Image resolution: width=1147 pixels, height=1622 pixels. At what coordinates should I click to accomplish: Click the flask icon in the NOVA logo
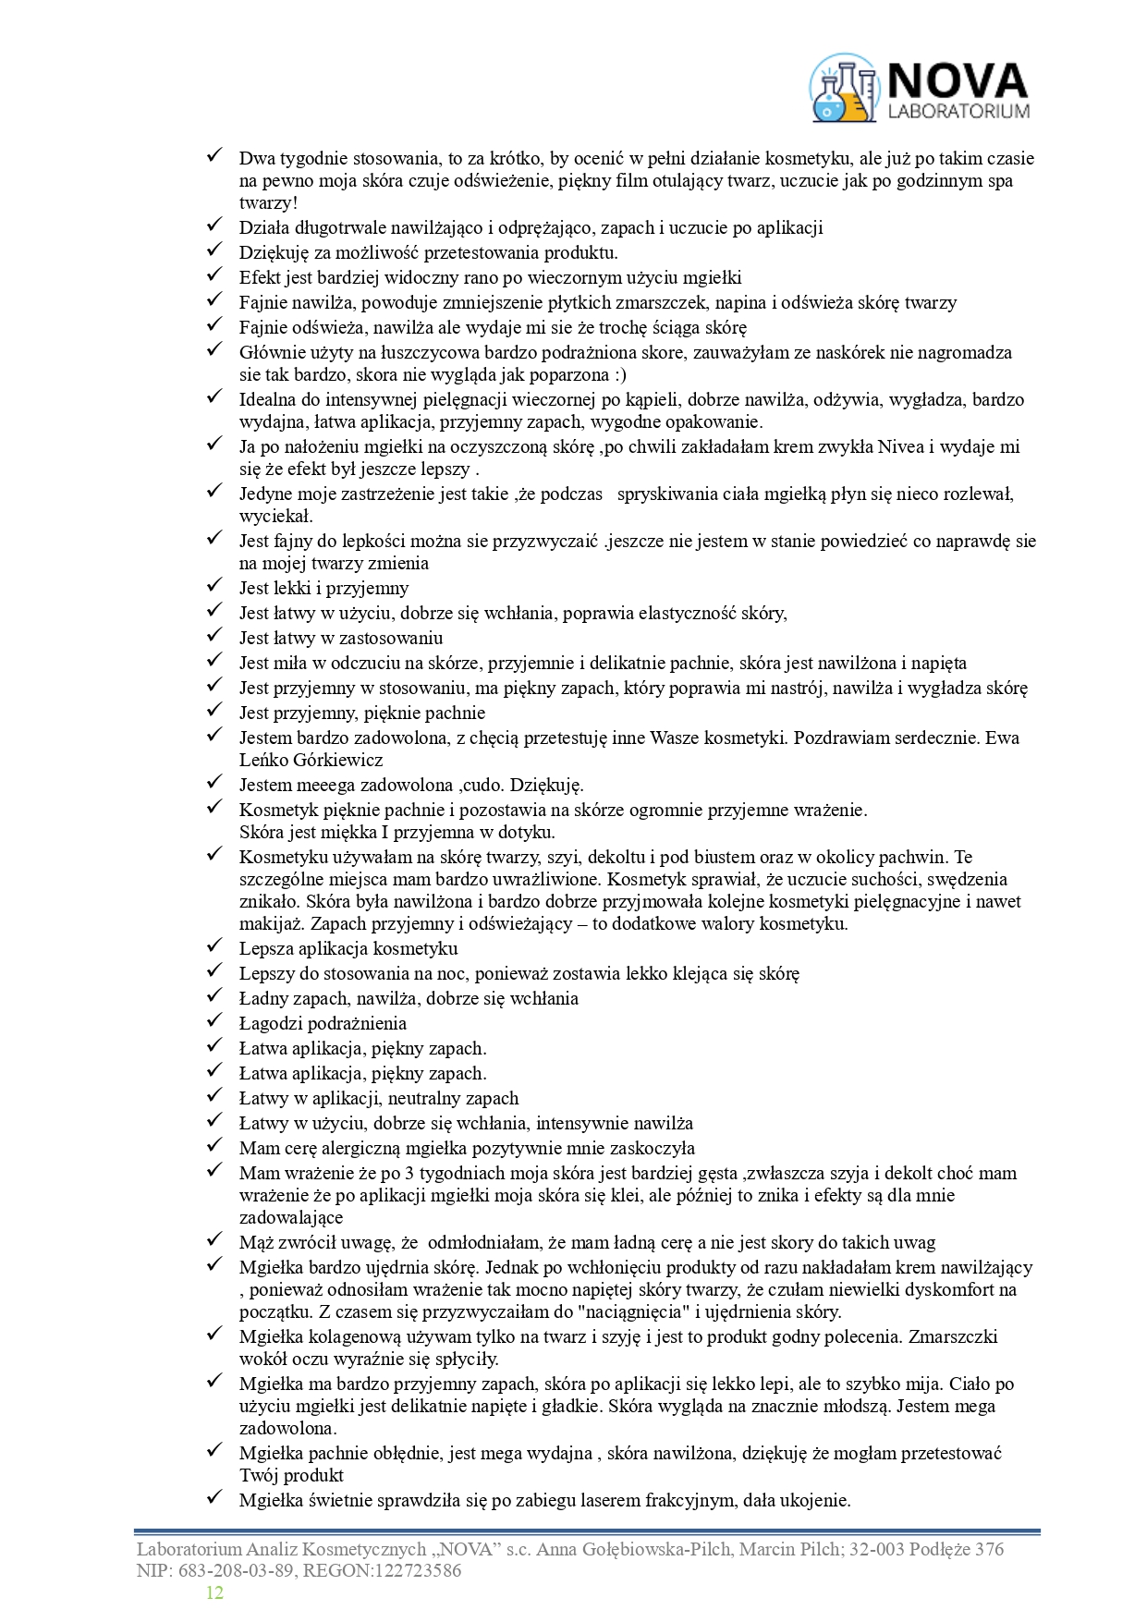tap(842, 89)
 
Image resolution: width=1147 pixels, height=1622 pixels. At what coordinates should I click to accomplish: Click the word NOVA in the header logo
tap(958, 81)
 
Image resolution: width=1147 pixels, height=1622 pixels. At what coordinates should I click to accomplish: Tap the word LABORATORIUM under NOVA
tap(958, 112)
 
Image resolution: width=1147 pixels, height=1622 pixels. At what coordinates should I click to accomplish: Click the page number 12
tap(214, 1592)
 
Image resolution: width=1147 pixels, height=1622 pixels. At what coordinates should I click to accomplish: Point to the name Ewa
tap(1003, 738)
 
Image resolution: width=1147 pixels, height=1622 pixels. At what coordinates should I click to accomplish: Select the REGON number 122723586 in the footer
tap(414, 1570)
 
